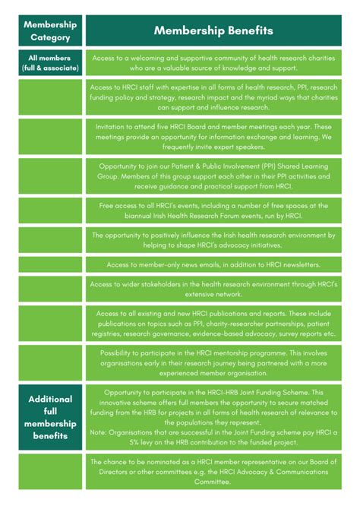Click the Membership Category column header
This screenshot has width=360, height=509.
coord(50,30)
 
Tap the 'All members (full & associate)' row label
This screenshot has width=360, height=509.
coord(50,63)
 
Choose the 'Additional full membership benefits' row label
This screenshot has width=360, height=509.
coord(50,417)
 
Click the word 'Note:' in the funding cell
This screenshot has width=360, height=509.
coord(99,432)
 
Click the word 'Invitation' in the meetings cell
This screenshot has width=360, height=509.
coord(115,127)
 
